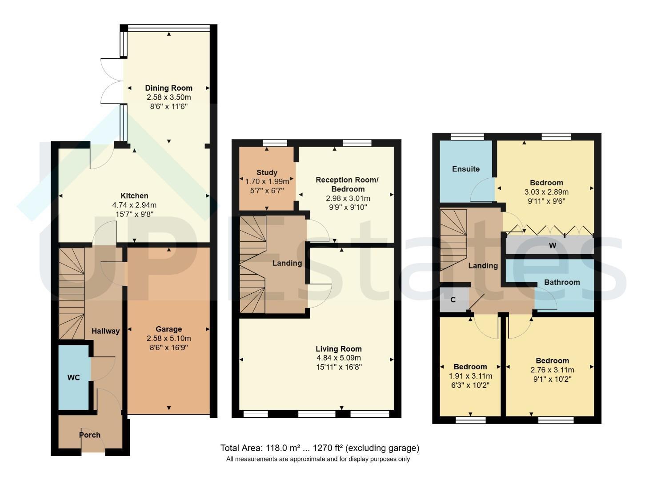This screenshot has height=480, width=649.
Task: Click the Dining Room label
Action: pyautogui.click(x=168, y=88)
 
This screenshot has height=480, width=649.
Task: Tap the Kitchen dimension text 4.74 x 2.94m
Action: pyautogui.click(x=134, y=205)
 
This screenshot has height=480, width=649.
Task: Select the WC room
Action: pyautogui.click(x=74, y=377)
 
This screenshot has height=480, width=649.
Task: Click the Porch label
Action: pyautogui.click(x=90, y=435)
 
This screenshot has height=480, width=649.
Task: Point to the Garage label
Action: pyautogui.click(x=168, y=329)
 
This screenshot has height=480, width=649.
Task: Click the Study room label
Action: pyautogui.click(x=267, y=172)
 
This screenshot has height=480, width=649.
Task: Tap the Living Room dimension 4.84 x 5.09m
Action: pyautogui.click(x=339, y=358)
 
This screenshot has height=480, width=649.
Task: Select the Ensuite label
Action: pyautogui.click(x=466, y=169)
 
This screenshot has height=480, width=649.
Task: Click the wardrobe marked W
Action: pyautogui.click(x=550, y=245)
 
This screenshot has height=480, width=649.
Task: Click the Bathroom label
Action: pyautogui.click(x=562, y=282)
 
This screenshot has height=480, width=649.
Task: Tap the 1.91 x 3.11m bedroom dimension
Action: pyautogui.click(x=470, y=376)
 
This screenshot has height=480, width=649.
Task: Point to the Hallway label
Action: pyautogui.click(x=106, y=331)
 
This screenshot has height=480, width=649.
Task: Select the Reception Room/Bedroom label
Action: pyautogui.click(x=347, y=184)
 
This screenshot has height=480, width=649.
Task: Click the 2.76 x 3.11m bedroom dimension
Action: pyautogui.click(x=552, y=370)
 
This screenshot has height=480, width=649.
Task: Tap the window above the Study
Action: pyautogui.click(x=275, y=143)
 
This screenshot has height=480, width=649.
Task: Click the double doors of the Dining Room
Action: pyautogui.click(x=112, y=81)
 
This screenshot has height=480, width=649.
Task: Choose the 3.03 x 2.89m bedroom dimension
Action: pyautogui.click(x=546, y=192)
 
